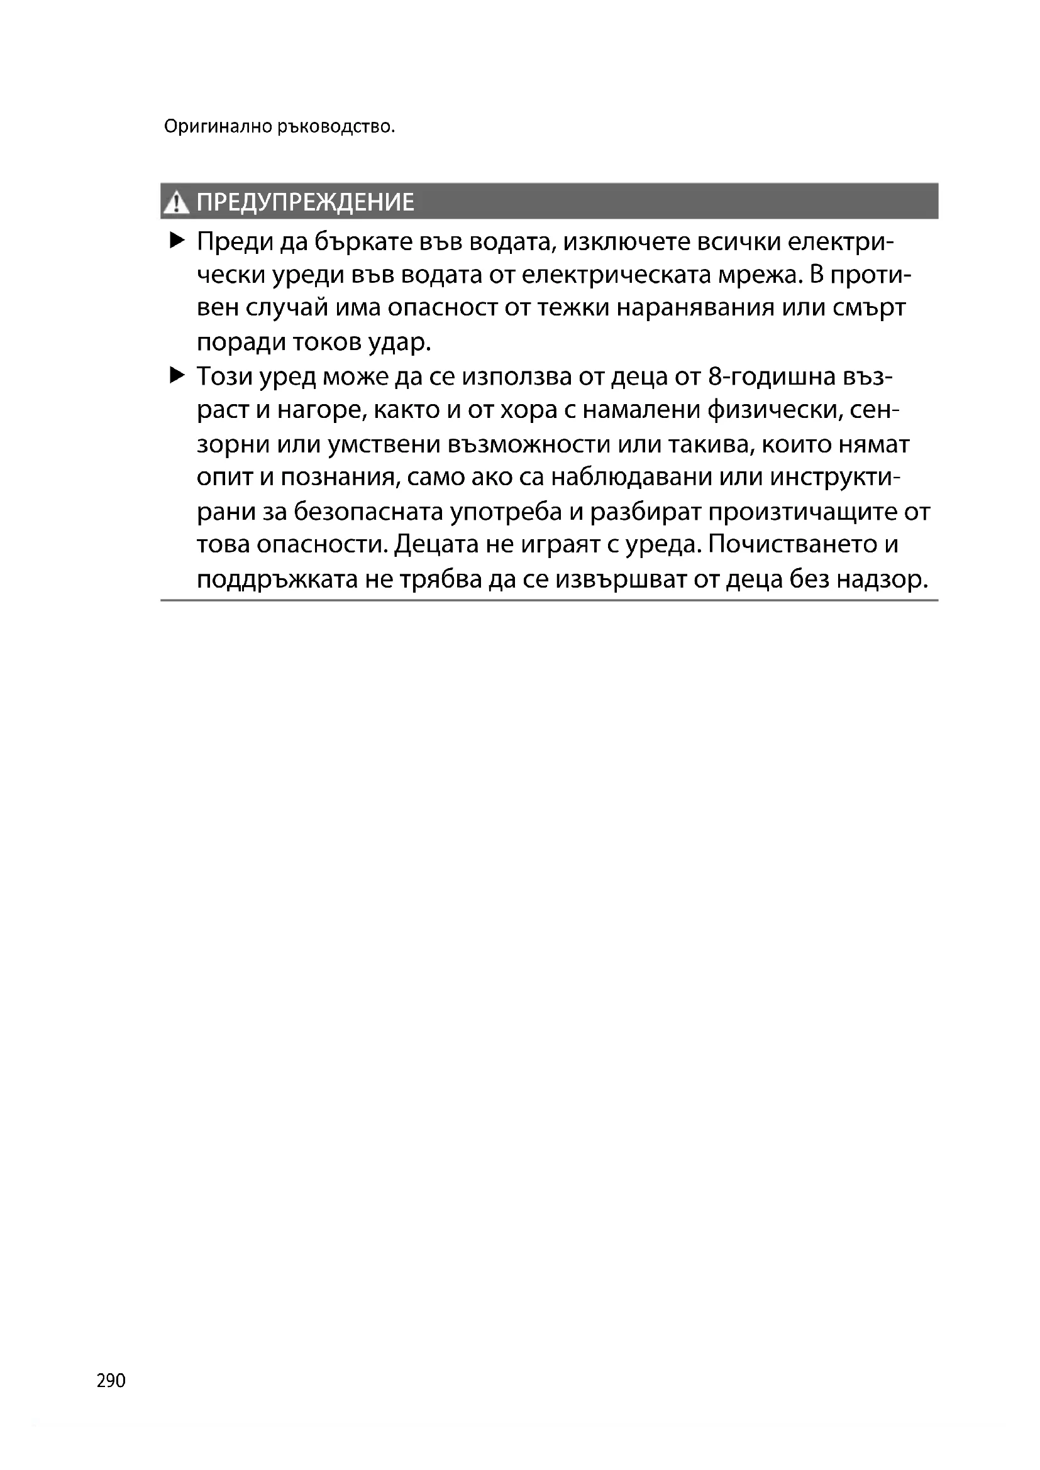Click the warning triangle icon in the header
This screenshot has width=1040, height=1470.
point(175,203)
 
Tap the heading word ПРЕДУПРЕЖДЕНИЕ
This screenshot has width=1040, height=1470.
point(305,202)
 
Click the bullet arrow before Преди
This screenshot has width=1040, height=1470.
point(177,241)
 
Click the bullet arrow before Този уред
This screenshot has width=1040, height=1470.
point(177,375)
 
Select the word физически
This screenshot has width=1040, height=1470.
point(772,410)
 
